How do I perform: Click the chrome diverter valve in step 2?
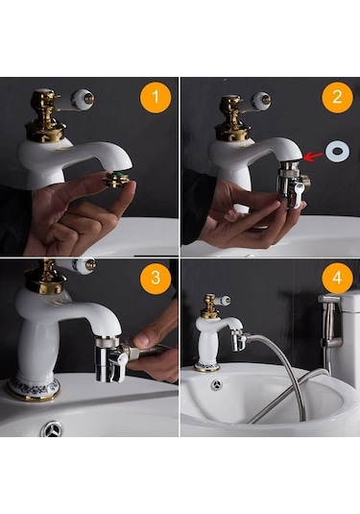pos(291,182)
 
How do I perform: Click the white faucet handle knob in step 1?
pos(84,98)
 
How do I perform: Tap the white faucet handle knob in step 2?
pos(260,99)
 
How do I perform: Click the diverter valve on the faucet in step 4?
pos(238,340)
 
